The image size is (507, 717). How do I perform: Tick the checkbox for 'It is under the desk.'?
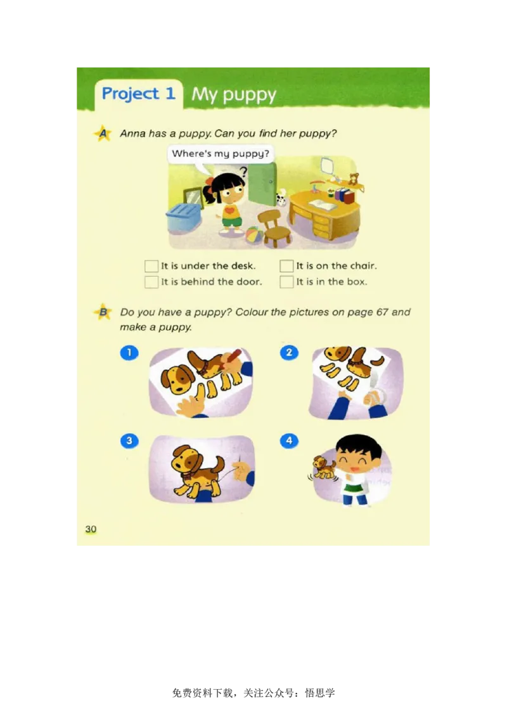pos(151,266)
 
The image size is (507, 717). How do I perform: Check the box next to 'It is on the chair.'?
pos(286,266)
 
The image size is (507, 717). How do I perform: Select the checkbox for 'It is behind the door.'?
pos(151,282)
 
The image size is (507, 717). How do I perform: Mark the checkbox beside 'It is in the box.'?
pos(286,282)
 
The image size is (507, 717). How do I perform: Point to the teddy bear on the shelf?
pos(354,179)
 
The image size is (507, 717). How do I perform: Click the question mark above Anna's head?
pos(243,170)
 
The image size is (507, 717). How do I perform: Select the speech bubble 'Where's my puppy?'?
pos(221,154)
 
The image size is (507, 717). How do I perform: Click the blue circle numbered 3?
pos(129,441)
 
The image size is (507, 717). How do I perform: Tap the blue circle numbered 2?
pos(289,353)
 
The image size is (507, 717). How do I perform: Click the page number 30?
pos(91,529)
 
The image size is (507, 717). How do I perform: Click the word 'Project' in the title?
pos(130,94)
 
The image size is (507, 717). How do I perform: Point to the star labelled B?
pos(101,312)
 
